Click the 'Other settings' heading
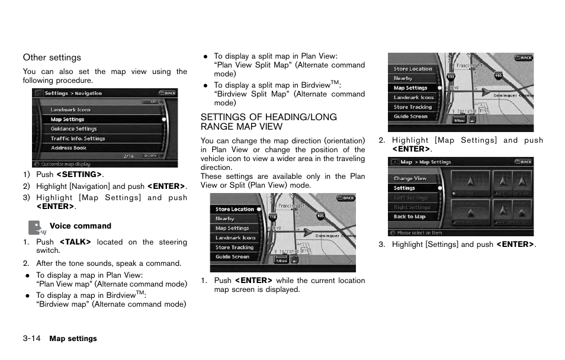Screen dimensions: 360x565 [x=52, y=57]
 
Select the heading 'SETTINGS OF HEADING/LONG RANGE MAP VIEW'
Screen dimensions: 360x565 [x=268, y=122]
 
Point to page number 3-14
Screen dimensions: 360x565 [x=31, y=339]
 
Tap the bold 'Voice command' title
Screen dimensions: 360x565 [x=80, y=226]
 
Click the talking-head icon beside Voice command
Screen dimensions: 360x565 [x=36, y=228]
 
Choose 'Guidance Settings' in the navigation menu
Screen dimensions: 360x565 [x=73, y=128]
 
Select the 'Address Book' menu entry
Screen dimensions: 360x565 [x=68, y=148]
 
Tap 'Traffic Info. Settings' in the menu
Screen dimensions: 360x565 [x=78, y=139]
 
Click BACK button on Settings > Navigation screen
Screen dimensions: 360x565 [x=168, y=93]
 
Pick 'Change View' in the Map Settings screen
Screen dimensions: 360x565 [x=410, y=178]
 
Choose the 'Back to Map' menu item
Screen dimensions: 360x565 [x=409, y=217]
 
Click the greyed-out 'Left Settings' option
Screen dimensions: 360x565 [x=410, y=198]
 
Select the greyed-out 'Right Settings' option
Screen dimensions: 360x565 [x=412, y=207]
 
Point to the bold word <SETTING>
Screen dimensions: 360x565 [x=79, y=174]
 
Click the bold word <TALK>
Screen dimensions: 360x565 [x=75, y=242]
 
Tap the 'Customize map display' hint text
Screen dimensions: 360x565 [x=66, y=164]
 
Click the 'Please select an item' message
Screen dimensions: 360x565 [x=419, y=233]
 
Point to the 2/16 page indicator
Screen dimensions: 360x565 [x=129, y=156]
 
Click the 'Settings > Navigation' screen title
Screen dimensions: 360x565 [x=73, y=93]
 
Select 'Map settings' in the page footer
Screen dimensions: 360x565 [x=73, y=339]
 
